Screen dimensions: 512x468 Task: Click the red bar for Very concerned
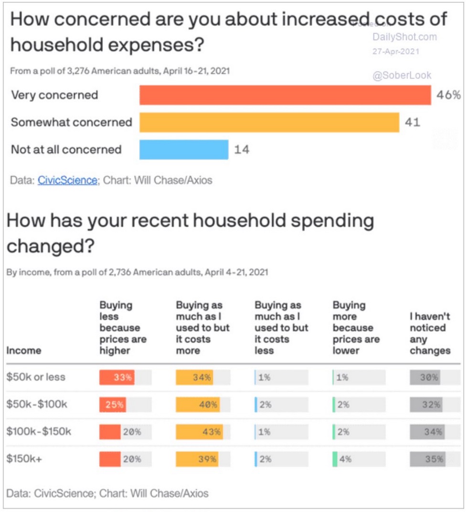285,95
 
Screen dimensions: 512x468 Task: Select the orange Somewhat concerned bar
269,122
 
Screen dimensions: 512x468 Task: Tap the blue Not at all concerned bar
184,149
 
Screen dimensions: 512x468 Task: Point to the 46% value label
448,95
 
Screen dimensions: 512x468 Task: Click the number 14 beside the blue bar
242,150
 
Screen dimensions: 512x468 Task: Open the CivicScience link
67,180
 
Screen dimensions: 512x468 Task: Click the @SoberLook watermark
402,75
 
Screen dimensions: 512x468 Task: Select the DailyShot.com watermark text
404,37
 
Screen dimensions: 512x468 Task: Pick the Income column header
23,351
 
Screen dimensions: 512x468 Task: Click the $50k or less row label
36,377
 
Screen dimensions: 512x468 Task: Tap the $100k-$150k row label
39,432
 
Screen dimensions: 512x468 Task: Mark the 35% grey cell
427,459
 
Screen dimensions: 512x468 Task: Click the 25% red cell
113,405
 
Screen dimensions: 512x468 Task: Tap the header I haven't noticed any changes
430,333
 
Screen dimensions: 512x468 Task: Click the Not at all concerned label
66,149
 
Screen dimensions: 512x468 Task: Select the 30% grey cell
425,377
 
